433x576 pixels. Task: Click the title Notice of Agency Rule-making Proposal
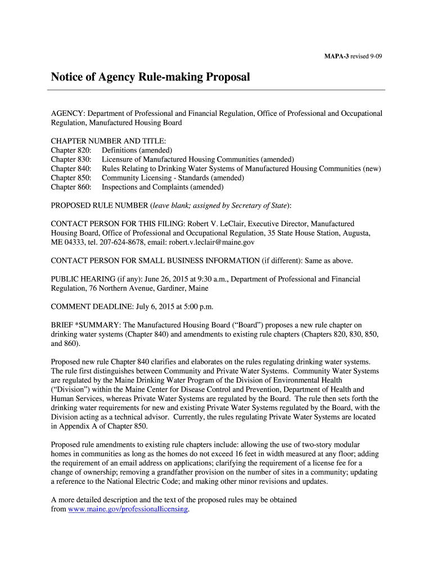pyautogui.click(x=150, y=76)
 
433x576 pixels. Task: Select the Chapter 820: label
pyautogui.click(x=71, y=150)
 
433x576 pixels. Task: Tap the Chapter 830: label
pyautogui.click(x=71, y=159)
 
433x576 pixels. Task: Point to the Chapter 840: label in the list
pyautogui.click(x=71, y=168)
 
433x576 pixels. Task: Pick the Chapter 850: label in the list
pyautogui.click(x=71, y=177)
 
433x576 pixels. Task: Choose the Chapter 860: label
pyautogui.click(x=71, y=186)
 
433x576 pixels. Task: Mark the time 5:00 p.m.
pyautogui.click(x=198, y=307)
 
